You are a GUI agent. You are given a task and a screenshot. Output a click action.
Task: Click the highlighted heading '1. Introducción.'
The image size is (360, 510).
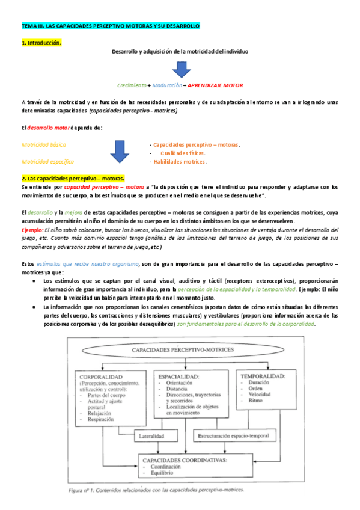pyautogui.click(x=41, y=43)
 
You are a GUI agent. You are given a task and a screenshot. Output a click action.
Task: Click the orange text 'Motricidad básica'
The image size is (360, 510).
pyautogui.click(x=44, y=145)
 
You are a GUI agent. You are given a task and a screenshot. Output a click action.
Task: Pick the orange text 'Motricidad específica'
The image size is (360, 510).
pyautogui.click(x=49, y=161)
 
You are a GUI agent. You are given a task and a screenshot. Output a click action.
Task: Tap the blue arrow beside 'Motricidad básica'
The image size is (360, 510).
pyautogui.click(x=120, y=153)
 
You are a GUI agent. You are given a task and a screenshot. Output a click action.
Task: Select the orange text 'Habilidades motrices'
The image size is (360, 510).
pyautogui.click(x=180, y=161)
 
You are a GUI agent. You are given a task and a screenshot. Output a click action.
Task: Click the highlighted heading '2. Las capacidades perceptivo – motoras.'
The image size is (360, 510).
pyautogui.click(x=73, y=179)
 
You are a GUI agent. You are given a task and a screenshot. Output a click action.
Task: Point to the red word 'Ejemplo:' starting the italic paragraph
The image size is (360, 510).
pyautogui.click(x=32, y=230)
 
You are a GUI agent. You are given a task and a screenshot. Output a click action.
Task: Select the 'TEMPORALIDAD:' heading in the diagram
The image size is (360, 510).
pyautogui.click(x=263, y=376)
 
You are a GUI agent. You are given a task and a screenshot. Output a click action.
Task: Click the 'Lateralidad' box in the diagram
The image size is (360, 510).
pyautogui.click(x=153, y=435)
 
